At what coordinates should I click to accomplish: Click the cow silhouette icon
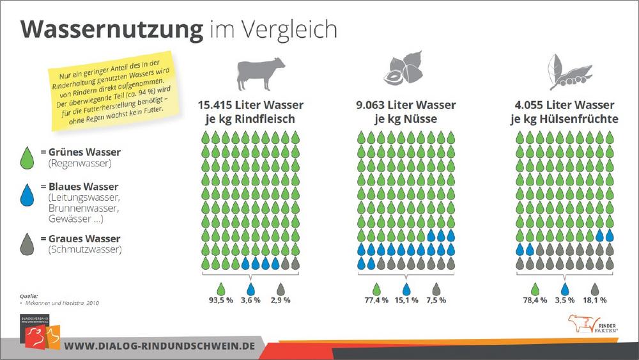pyautogui.click(x=261, y=73)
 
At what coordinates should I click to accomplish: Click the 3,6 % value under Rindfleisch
pyautogui.click(x=250, y=299)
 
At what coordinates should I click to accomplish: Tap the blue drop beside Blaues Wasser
pyautogui.click(x=27, y=196)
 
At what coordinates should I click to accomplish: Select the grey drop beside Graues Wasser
pyautogui.click(x=27, y=243)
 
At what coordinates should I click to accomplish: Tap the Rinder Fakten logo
pyautogui.click(x=587, y=325)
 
